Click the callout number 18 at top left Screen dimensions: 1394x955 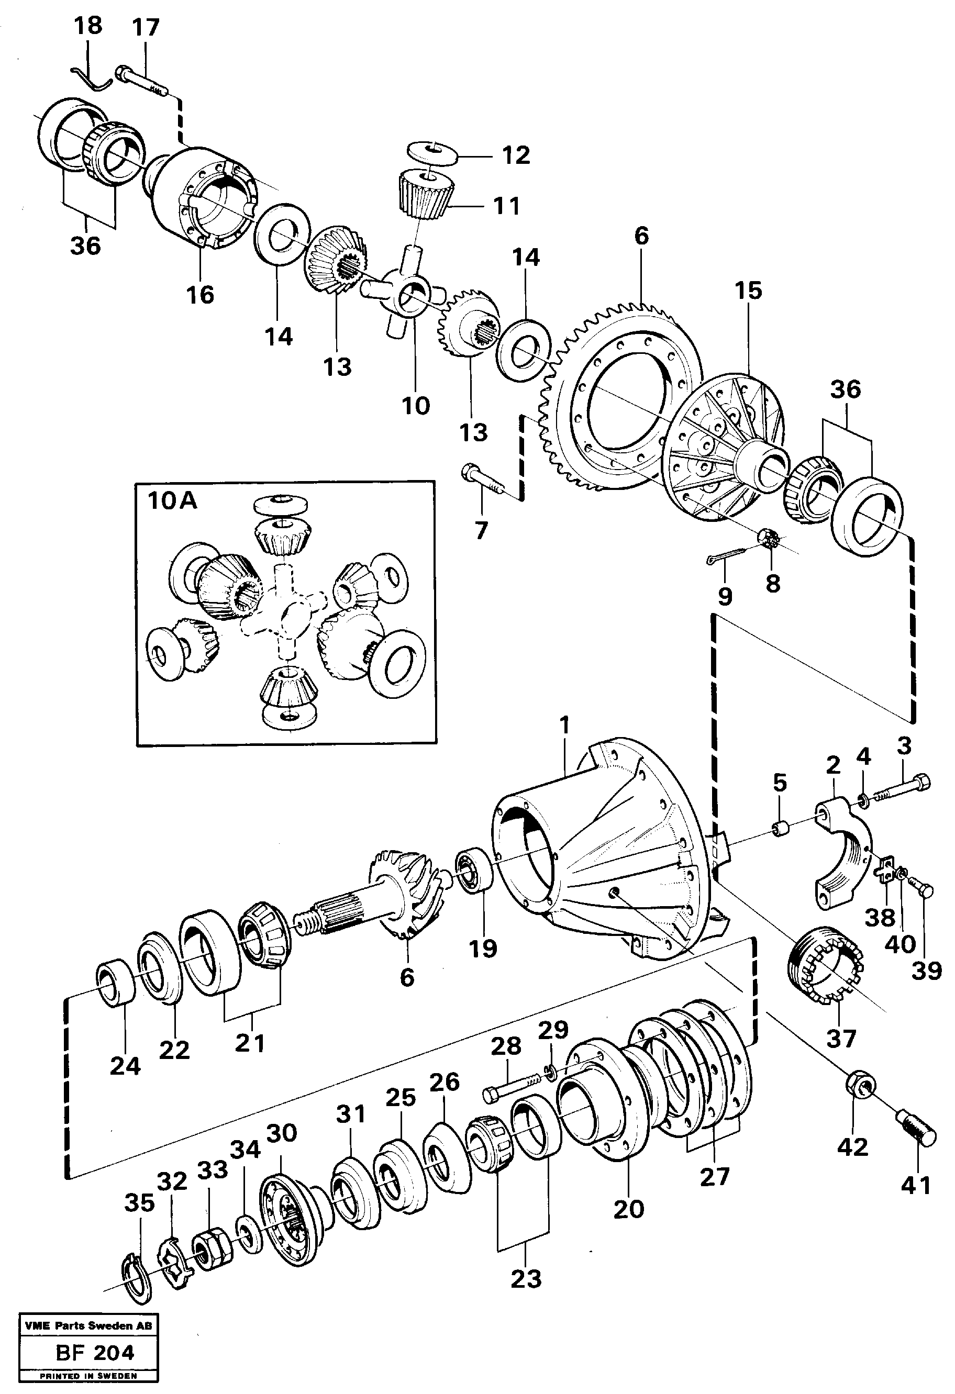[88, 26]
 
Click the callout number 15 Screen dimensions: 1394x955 [748, 291]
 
